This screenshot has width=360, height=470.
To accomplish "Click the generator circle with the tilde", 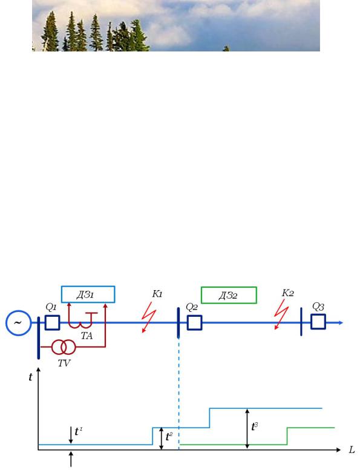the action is (x=18, y=310).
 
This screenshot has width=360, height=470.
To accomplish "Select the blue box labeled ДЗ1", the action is (x=88, y=286).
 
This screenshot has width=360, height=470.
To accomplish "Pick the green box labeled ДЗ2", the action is (x=229, y=288).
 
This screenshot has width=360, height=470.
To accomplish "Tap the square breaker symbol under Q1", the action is (x=53, y=323).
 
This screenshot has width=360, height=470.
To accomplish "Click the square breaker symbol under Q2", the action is (x=194, y=323).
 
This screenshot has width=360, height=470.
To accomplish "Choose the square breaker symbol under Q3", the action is (x=318, y=322).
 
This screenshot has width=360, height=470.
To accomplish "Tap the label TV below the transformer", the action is (x=64, y=363).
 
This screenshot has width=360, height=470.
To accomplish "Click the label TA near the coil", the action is (x=87, y=336).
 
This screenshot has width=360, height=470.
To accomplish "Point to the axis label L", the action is (x=352, y=449).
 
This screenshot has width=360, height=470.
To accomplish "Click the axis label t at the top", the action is (x=30, y=377).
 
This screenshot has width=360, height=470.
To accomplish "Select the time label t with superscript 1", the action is (x=79, y=431).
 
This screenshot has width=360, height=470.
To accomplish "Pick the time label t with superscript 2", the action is (x=169, y=437).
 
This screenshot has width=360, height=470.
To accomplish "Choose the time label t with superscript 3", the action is (x=255, y=426).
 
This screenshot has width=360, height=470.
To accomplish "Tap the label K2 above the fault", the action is (x=288, y=293).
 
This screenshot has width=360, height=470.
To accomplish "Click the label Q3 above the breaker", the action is (x=318, y=306).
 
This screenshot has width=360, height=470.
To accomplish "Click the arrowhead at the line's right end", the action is (x=341, y=323).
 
